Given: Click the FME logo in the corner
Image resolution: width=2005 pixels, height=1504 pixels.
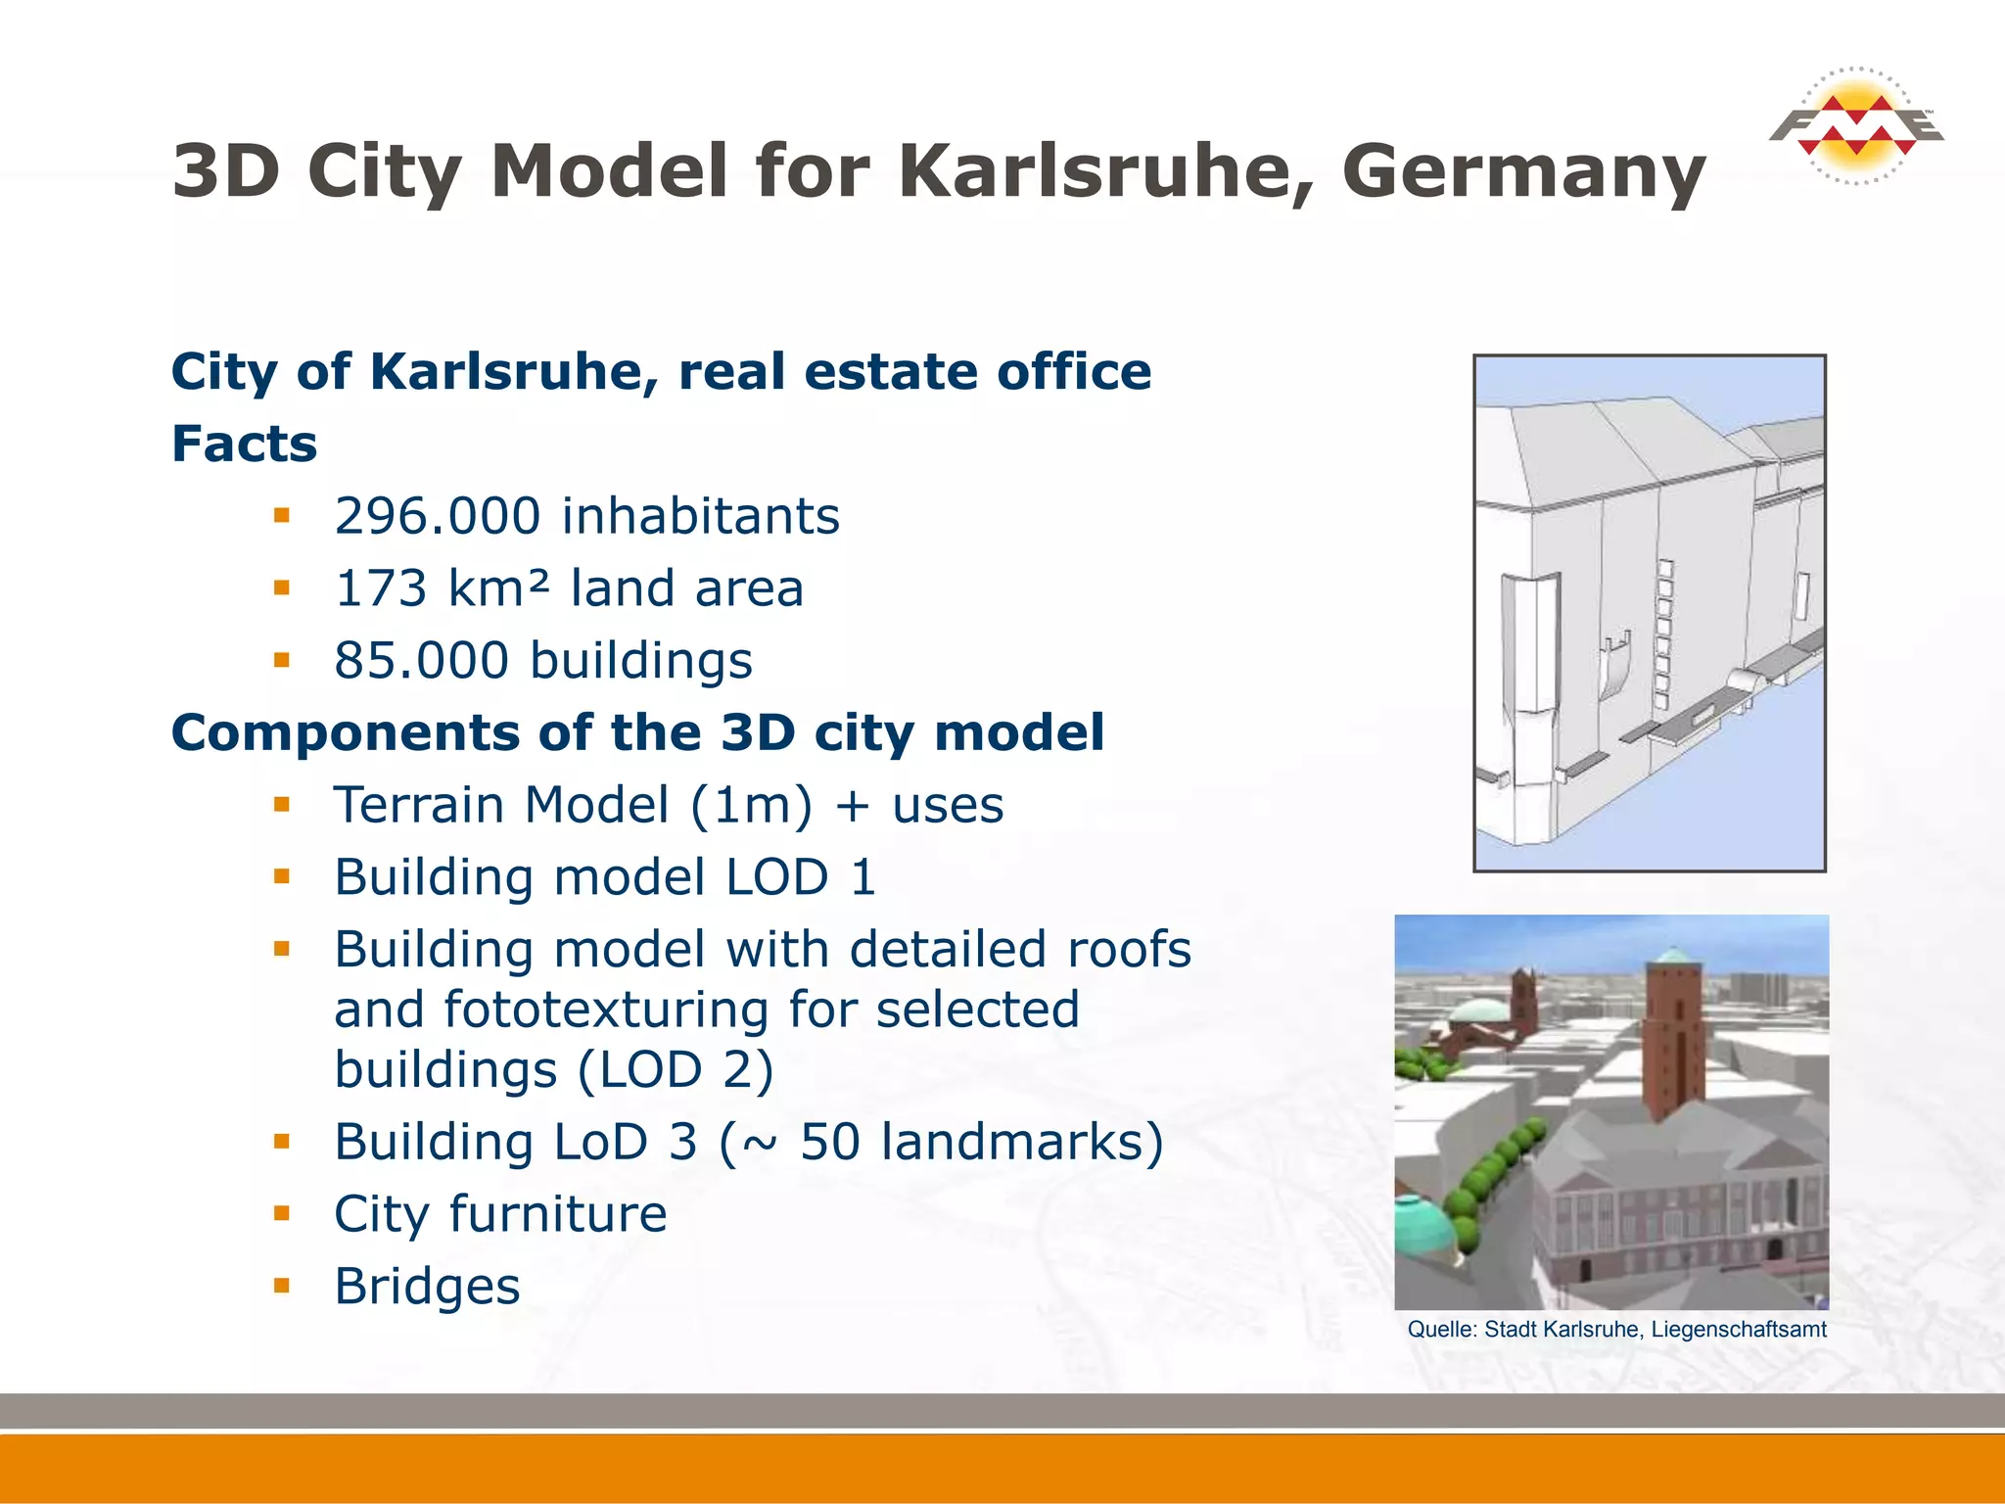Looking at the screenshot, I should (1855, 125).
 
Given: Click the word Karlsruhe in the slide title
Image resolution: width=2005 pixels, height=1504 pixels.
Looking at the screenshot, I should (1105, 170).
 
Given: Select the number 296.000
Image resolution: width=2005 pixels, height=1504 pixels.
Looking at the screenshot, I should (437, 516).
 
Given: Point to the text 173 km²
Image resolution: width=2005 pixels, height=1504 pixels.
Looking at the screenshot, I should (442, 588).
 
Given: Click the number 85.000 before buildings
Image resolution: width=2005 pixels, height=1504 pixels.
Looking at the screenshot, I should (421, 661).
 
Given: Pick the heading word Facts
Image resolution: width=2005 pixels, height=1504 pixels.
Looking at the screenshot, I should (245, 444).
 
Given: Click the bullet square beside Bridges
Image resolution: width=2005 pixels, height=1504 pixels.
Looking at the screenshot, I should (282, 1286).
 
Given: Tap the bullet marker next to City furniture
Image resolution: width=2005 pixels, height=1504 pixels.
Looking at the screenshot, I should (282, 1213).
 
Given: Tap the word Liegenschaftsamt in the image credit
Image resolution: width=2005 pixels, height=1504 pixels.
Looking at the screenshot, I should (1739, 1330).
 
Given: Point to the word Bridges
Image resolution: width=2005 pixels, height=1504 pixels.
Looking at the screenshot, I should (427, 1287).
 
